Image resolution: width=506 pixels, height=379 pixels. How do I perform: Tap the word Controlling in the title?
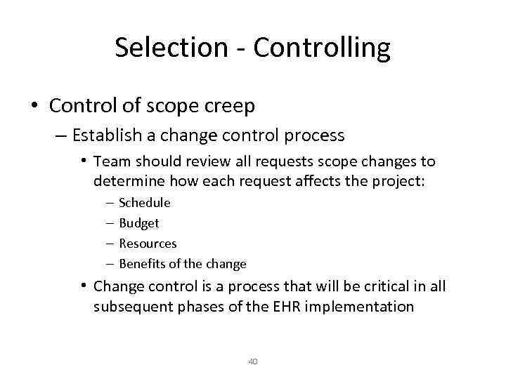[321, 48]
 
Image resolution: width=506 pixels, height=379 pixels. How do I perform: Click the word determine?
[127, 181]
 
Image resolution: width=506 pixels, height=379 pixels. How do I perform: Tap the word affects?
[342, 181]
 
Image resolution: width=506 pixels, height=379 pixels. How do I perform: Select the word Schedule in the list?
[145, 203]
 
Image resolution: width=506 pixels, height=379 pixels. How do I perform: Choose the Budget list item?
[139, 223]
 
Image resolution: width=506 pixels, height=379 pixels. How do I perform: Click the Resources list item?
[148, 244]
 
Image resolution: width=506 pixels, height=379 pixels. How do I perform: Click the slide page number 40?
[253, 361]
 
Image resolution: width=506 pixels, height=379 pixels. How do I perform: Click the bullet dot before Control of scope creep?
[34, 106]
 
